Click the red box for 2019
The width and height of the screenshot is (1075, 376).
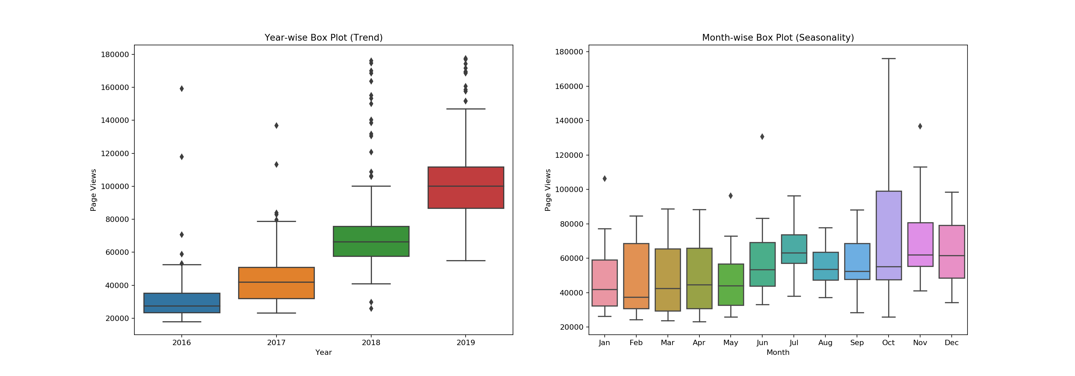(465, 188)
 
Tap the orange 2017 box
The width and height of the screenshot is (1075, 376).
(276, 283)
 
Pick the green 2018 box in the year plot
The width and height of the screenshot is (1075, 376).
(371, 241)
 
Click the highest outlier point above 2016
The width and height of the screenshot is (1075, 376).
(181, 88)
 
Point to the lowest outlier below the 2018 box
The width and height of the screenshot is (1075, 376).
(371, 309)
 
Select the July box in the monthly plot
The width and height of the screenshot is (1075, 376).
(794, 249)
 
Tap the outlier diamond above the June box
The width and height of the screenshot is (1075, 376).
(762, 137)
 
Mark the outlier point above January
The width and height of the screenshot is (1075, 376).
(605, 178)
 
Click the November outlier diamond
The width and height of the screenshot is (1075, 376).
(920, 126)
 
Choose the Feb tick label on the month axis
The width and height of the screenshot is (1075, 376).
(636, 343)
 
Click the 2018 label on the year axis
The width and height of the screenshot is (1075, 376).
(371, 343)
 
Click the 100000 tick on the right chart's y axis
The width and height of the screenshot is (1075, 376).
(569, 190)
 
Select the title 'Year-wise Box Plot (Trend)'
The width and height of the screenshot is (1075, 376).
(324, 38)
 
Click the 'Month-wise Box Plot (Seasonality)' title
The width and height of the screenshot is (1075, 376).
(778, 38)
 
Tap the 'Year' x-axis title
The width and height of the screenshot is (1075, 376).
(324, 352)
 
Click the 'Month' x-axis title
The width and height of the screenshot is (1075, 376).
(778, 352)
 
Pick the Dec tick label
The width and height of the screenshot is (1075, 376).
(951, 343)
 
